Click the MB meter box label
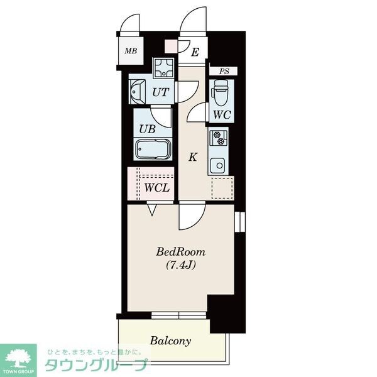pyautogui.click(x=131, y=51)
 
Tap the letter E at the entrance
pyautogui.click(x=195, y=52)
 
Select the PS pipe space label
pyautogui.click(x=224, y=71)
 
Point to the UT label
pyautogui.click(x=161, y=92)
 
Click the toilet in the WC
pyautogui.click(x=220, y=92)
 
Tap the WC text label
pyautogui.click(x=222, y=115)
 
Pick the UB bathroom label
pyautogui.click(x=147, y=129)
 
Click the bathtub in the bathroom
pyautogui.click(x=153, y=149)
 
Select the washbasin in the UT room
pyautogui.click(x=137, y=92)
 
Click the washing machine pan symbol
pyautogui.click(x=164, y=68)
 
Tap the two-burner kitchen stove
pyautogui.click(x=219, y=138)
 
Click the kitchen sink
pyautogui.click(x=217, y=166)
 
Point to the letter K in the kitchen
pyautogui.click(x=193, y=157)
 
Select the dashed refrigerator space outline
pyautogui.click(x=222, y=188)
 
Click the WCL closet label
pyautogui.click(x=157, y=188)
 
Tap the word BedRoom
pyautogui.click(x=181, y=252)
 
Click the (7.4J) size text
pyautogui.click(x=180, y=265)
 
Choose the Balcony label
pyautogui.click(x=170, y=341)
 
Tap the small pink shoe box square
pyautogui.click(x=171, y=46)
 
